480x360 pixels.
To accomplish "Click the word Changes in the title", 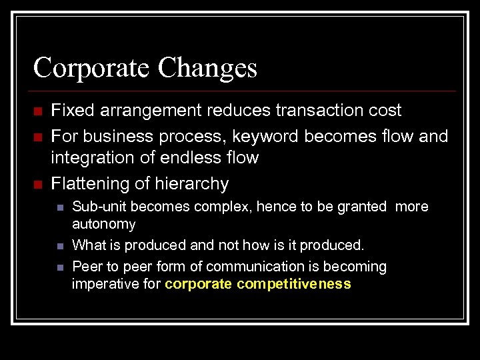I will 207,67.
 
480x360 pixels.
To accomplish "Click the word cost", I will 385,110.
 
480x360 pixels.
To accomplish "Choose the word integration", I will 91,158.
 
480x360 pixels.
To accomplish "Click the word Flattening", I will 92,183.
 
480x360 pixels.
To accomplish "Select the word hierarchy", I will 192,183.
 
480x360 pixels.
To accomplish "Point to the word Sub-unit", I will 97,207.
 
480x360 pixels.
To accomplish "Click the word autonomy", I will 103,224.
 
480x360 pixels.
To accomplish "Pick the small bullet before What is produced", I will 59,246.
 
